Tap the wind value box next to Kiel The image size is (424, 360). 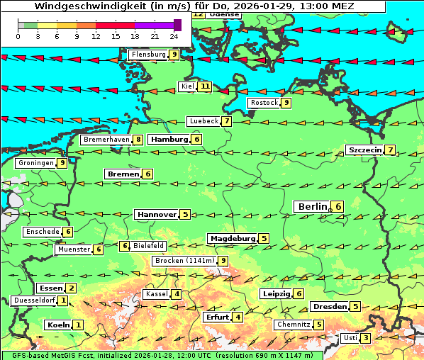205,87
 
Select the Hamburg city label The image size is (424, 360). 169,140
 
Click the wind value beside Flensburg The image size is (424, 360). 174,54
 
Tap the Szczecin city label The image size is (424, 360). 364,150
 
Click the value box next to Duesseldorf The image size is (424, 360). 64,300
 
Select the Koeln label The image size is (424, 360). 57,325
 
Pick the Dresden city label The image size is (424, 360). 329,307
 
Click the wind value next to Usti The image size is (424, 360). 365,338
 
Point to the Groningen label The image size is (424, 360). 36,163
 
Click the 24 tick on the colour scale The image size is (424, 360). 174,35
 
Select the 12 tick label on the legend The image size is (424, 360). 96,35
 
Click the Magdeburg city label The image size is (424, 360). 232,238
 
